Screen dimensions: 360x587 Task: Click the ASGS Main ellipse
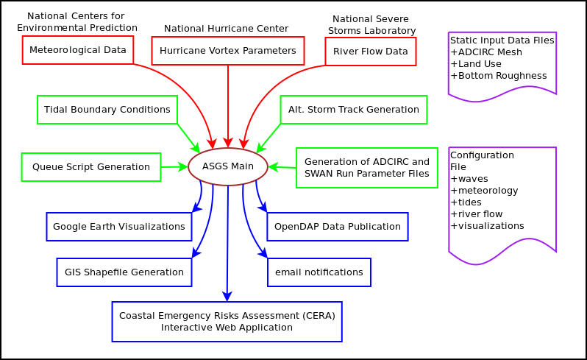228,167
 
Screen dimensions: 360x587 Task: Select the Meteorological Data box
78,50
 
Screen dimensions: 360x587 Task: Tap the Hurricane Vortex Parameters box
228,51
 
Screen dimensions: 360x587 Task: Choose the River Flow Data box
371,52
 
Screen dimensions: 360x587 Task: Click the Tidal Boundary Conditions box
107,110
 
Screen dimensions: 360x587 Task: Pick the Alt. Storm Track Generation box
353,110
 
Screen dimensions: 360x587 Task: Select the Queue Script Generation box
91,167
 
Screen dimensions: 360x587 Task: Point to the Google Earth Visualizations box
119,227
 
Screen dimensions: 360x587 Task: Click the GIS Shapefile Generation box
124,272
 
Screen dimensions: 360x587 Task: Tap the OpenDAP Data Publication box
338,227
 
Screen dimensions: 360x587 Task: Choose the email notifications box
319,272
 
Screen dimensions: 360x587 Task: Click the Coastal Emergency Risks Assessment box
227,322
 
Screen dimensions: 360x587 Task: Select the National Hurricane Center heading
226,28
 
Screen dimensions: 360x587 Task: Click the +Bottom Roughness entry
499,75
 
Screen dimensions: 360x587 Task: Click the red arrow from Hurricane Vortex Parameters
228,103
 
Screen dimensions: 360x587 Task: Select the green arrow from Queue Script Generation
174,167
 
